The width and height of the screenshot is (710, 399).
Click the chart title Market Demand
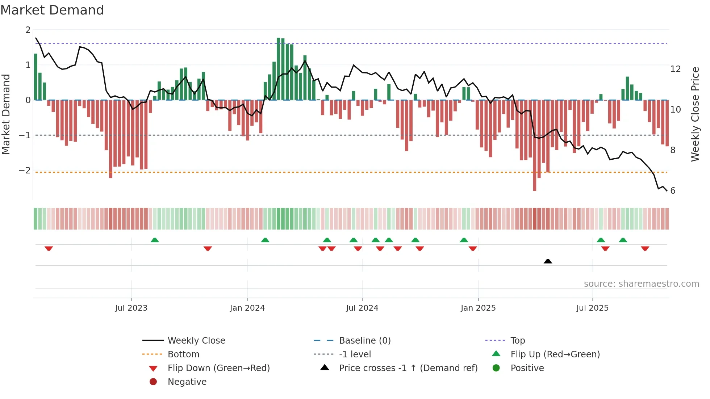tap(52, 10)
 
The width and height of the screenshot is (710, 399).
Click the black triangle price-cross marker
tap(548, 261)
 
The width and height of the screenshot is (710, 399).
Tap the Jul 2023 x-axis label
tap(131, 308)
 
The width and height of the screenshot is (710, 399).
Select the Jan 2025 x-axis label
tap(478, 308)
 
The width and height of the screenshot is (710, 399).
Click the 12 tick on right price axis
tap(676, 69)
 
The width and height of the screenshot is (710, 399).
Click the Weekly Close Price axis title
tap(695, 114)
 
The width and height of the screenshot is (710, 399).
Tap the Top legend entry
tap(518, 340)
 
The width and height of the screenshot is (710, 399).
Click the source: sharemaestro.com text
tap(641, 283)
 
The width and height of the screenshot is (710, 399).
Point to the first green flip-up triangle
tap(155, 240)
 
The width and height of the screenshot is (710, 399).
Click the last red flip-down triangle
tap(645, 248)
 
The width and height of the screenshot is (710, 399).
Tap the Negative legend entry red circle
tap(153, 382)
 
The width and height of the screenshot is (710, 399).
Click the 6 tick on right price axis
tap(673, 190)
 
